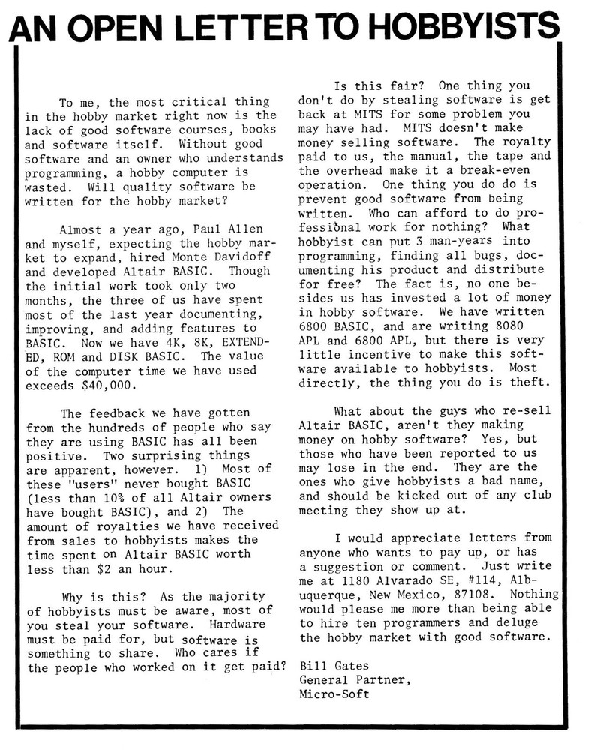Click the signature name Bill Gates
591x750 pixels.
pos(334,665)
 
